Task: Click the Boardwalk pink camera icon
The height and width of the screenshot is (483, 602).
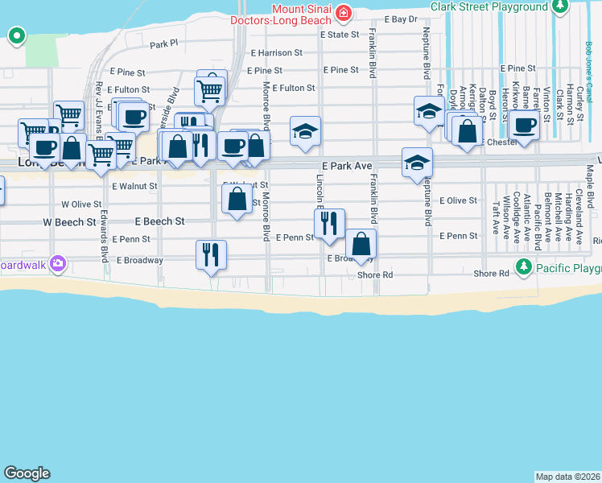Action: [x=57, y=263]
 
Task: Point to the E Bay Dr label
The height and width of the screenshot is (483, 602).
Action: [x=402, y=19]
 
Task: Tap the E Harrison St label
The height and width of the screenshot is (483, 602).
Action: [x=276, y=53]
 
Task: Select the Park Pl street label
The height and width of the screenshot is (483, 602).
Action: [x=163, y=43]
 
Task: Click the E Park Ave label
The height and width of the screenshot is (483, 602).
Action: [x=341, y=166]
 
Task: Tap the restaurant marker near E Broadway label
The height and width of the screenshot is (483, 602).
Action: [x=211, y=254]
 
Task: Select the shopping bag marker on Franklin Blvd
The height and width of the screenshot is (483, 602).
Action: [x=361, y=243]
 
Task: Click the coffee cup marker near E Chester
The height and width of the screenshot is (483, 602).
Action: [x=524, y=126]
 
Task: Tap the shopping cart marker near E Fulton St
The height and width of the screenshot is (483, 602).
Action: [x=210, y=90]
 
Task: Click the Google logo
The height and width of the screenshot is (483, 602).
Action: [x=27, y=473]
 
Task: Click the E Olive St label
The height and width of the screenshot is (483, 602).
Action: [x=459, y=200]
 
